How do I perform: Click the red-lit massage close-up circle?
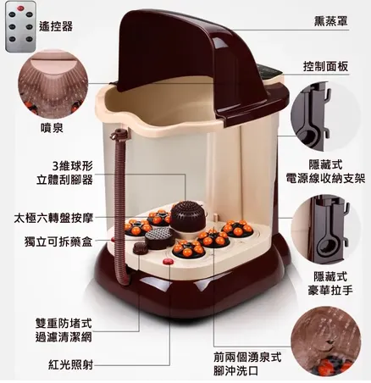tap(330, 343)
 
